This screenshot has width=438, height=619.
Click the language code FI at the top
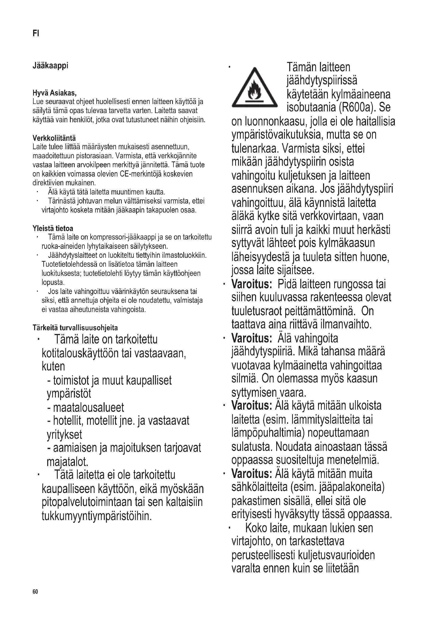pos(35,33)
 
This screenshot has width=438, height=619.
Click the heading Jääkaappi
pos(50,66)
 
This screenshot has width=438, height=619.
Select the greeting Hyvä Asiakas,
pos(55,93)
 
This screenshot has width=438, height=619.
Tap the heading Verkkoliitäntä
pos(54,138)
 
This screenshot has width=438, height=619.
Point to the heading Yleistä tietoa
pos(53,228)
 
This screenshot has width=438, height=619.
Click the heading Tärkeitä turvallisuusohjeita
pos(75,328)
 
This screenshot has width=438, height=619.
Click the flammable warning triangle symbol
pos(254,88)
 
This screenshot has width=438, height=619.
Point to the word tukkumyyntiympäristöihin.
pos(97,516)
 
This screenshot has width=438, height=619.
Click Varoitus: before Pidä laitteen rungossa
pos(251,284)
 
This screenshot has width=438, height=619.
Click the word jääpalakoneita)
pos(352,487)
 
